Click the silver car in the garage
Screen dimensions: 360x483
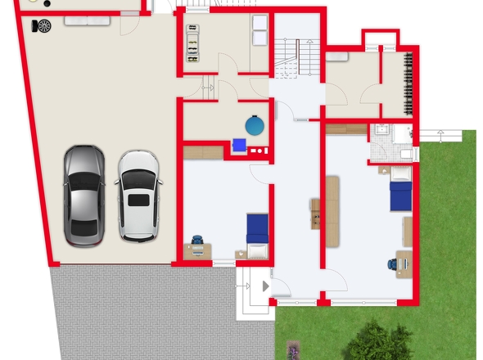(x=84, y=195)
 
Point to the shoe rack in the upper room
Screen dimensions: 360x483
(x=192, y=41)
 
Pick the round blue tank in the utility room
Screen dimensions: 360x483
(x=255, y=125)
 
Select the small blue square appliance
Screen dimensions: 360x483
(x=239, y=145)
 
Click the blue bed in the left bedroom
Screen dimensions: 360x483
(x=257, y=228)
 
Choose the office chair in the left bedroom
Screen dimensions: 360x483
(x=198, y=241)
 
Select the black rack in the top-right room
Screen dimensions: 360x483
(x=407, y=83)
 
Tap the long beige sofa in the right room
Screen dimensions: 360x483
(x=332, y=209)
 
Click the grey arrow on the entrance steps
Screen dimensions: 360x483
(x=264, y=286)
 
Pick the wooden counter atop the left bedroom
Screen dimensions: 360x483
(x=203, y=152)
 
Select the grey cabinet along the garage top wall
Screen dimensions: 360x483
(x=82, y=20)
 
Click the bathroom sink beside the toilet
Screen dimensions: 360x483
(x=381, y=131)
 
